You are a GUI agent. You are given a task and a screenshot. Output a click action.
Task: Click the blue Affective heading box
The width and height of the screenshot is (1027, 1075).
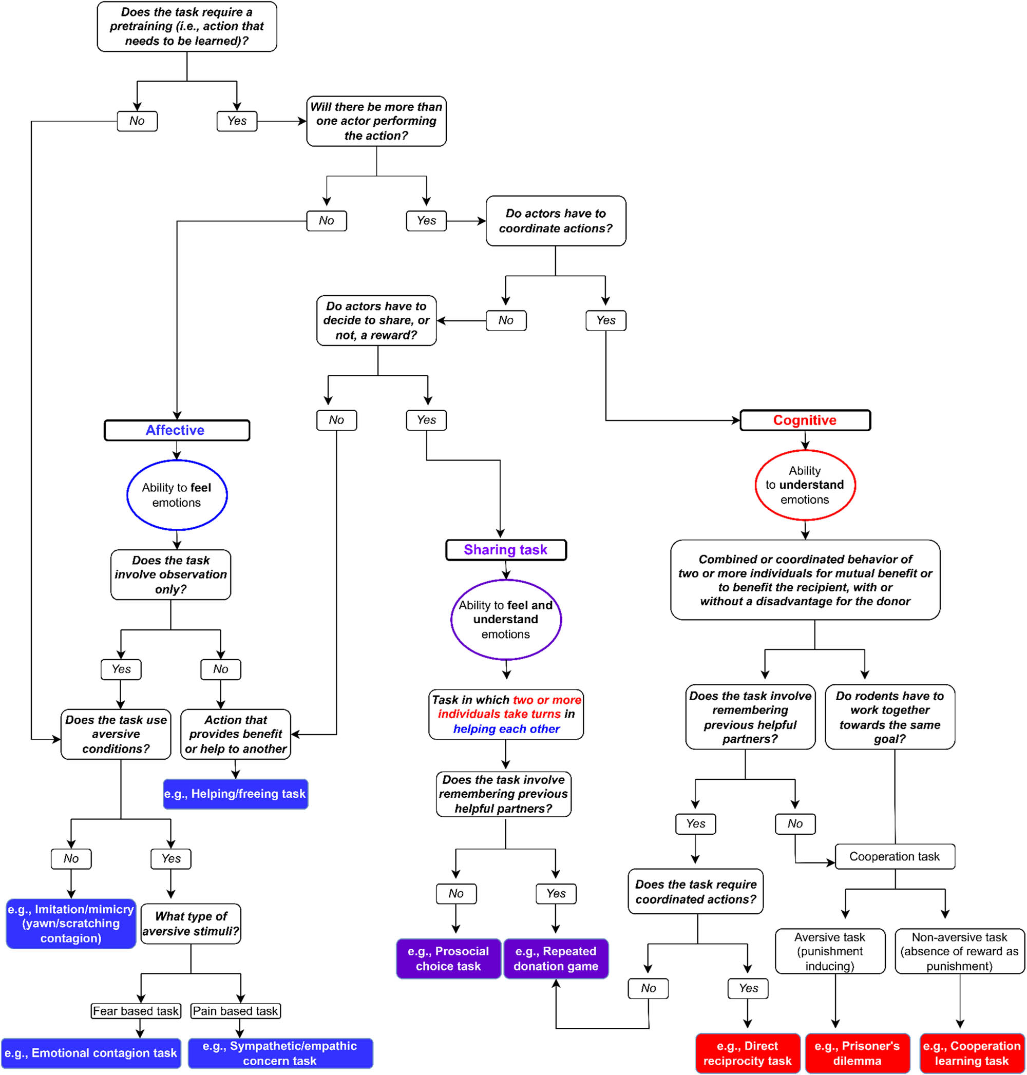pos(176,430)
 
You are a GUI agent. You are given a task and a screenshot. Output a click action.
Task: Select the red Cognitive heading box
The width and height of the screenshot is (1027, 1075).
pos(805,420)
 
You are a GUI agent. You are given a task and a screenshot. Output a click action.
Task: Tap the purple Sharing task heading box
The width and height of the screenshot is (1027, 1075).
pos(506,549)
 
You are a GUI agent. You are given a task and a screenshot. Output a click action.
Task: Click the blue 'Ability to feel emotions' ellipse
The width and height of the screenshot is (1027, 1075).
pos(176,495)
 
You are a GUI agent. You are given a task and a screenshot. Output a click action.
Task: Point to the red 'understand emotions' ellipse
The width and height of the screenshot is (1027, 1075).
pos(805,485)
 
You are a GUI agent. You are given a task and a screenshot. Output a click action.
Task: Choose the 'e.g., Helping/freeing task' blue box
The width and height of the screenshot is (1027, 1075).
pos(235,794)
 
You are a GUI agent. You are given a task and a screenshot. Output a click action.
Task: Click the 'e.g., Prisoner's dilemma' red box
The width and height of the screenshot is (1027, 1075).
pos(858,1053)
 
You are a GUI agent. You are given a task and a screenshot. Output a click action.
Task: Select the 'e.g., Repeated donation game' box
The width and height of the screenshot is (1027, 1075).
pos(556,958)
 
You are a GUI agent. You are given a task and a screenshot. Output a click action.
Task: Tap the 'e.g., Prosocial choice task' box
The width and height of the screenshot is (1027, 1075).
pos(448,958)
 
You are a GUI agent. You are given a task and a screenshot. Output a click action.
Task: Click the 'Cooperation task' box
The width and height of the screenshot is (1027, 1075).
pos(895,857)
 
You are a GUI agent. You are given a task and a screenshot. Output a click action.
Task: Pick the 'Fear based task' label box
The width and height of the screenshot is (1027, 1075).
pos(136,1011)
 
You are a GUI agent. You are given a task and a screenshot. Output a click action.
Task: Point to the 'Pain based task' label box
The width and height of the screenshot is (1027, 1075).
pos(235,1011)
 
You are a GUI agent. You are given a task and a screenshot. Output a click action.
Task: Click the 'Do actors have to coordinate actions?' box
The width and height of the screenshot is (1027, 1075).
pos(556,221)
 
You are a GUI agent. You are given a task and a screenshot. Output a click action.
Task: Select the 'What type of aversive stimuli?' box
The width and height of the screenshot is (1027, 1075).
pos(191,924)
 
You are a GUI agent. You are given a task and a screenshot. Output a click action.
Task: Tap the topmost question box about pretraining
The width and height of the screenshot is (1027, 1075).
pos(187,27)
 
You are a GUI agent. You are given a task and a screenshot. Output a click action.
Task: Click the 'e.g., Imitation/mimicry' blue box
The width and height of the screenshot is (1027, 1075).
pos(71,924)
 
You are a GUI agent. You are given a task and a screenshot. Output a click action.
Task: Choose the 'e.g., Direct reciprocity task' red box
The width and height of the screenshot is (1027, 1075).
pos(747,1053)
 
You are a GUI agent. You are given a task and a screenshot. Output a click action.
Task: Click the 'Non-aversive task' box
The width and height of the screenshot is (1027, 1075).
pos(959,951)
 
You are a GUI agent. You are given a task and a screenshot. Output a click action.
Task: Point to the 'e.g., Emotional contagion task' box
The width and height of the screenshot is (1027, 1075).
pos(91,1053)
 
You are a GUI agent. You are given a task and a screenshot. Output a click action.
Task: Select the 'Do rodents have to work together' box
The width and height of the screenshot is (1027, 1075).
pos(889,717)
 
